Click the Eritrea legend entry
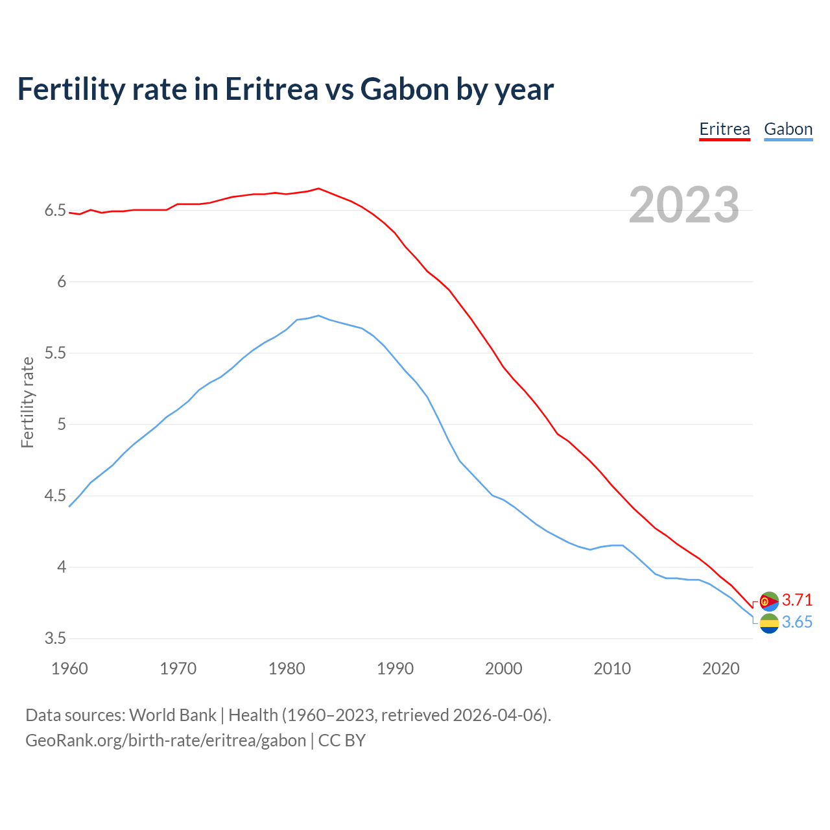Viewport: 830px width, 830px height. click(x=724, y=129)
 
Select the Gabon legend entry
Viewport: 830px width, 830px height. click(x=788, y=129)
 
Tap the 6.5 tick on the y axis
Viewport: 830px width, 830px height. click(x=55, y=211)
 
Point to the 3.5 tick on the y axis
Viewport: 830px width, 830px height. click(x=55, y=639)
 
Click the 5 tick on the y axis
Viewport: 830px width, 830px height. click(x=62, y=425)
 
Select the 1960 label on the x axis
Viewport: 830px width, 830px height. click(x=69, y=669)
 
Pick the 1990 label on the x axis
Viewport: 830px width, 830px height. click(x=395, y=669)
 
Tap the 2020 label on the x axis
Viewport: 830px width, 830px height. click(x=720, y=669)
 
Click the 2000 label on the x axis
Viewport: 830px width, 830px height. click(x=503, y=669)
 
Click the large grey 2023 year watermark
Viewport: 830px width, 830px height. click(x=684, y=205)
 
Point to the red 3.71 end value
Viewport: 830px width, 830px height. click(x=797, y=600)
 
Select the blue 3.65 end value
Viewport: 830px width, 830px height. click(x=797, y=622)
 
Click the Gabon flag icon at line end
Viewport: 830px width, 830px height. click(x=769, y=624)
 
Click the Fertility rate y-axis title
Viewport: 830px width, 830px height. click(x=27, y=402)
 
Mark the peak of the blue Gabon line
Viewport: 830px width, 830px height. click(x=318, y=315)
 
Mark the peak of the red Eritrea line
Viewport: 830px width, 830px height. click(x=318, y=189)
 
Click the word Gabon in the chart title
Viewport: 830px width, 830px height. click(x=405, y=89)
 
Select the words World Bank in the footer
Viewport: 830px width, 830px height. click(x=172, y=715)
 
